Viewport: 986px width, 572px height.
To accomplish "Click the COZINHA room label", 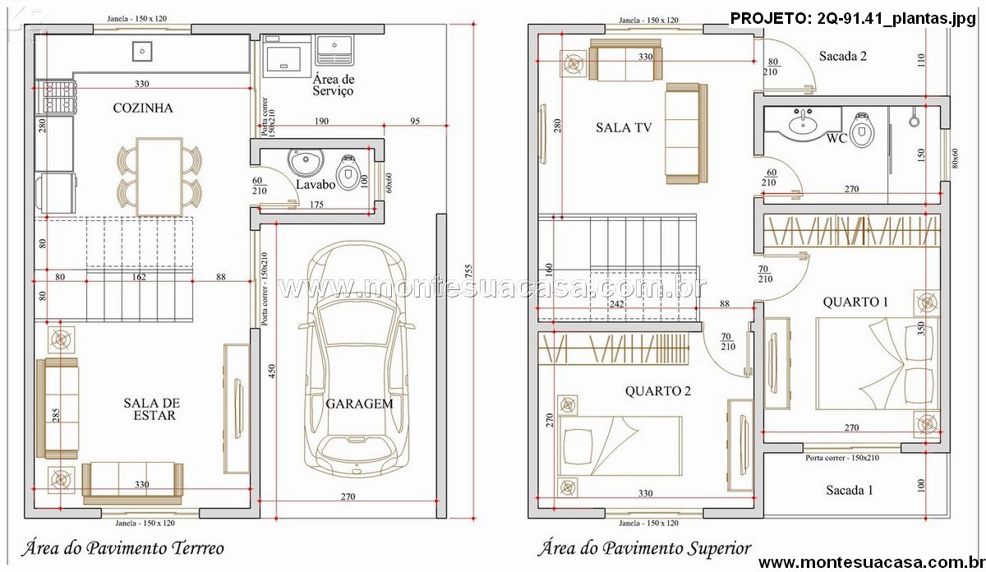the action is point(143,108).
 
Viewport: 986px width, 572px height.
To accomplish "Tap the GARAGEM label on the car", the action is point(359,404).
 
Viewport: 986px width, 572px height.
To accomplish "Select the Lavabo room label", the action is point(316,184).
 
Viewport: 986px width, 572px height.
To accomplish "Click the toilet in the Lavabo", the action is point(348,172).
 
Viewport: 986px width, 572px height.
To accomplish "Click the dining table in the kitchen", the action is point(159,177).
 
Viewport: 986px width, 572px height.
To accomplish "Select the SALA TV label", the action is point(624,127).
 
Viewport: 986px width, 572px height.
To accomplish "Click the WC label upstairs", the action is point(836,139).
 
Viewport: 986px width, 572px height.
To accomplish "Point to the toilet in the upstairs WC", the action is point(862,130).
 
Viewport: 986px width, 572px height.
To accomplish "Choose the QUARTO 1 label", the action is point(855,302).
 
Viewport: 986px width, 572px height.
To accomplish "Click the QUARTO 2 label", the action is point(657,391).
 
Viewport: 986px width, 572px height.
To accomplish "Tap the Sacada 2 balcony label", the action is point(842,57).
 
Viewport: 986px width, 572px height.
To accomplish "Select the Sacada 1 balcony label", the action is point(849,490).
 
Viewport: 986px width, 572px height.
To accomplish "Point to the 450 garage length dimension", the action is point(272,371).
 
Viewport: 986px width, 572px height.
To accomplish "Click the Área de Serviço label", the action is point(334,85).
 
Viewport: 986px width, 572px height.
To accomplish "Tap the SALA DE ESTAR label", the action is point(152,409).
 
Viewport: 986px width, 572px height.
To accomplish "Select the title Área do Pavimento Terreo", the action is point(122,548).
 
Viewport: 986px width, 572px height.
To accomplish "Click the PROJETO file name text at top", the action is point(853,19).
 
